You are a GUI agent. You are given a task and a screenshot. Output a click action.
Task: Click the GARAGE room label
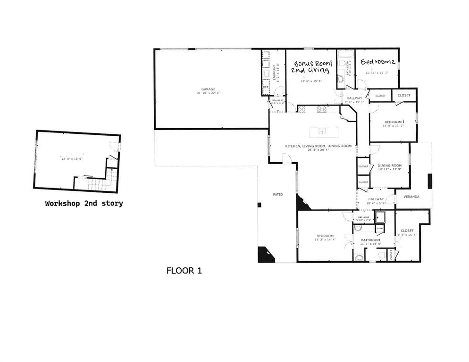click(x=208, y=89)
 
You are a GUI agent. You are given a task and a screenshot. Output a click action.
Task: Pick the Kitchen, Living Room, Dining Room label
click(x=318, y=146)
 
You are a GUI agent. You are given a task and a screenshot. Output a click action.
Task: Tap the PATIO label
click(x=277, y=194)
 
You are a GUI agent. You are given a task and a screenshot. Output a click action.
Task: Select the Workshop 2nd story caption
click(x=84, y=204)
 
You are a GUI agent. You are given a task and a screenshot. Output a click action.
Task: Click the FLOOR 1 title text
click(x=184, y=271)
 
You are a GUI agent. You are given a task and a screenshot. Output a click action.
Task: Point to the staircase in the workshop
click(x=110, y=180)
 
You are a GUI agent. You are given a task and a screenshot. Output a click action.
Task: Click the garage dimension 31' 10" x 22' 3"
click(x=208, y=93)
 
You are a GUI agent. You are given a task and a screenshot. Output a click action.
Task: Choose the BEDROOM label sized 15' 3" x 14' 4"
click(x=325, y=236)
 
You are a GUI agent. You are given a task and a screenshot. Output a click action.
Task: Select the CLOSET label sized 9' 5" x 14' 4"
click(x=407, y=230)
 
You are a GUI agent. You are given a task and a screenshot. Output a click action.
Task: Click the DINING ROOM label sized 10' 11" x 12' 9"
click(x=389, y=165)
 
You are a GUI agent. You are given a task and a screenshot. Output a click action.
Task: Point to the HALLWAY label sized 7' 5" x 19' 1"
click(x=354, y=98)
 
